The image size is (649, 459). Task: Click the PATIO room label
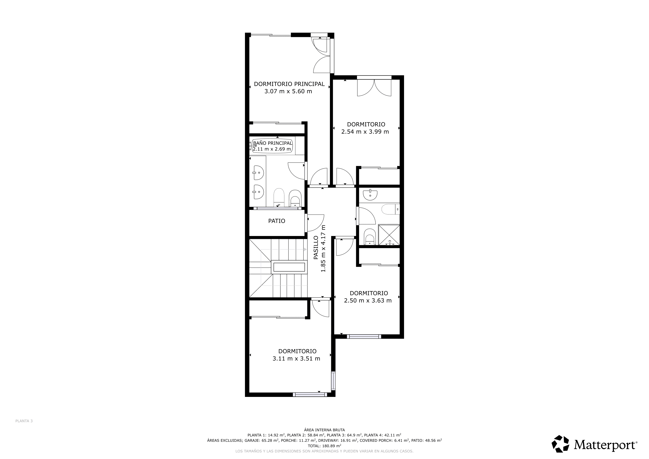tap(277, 221)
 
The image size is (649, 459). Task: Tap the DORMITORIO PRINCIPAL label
tap(289, 84)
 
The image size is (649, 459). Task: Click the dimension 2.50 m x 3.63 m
tap(368, 301)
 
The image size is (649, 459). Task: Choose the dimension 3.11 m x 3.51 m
tap(296, 359)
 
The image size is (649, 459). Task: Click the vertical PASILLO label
tap(316, 248)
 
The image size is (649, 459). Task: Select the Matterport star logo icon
tap(560, 444)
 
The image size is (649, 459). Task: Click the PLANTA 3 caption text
tap(24, 421)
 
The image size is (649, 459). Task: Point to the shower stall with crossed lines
tap(389, 235)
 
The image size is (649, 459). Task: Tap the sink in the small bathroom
tap(370, 194)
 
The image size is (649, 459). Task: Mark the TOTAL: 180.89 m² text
tap(324, 446)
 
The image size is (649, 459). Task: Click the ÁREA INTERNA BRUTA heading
tap(324, 430)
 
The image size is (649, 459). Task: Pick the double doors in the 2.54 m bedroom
tap(374, 88)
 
